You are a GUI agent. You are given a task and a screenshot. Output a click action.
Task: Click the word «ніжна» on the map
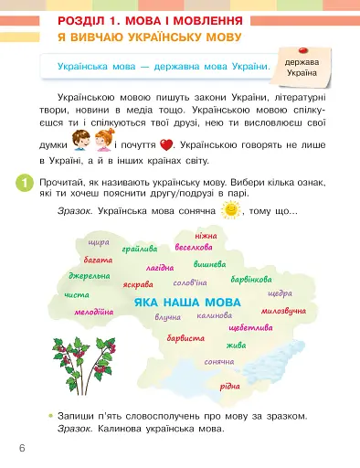[x=206, y=236]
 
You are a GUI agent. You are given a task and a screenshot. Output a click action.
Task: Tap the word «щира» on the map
[x=97, y=242]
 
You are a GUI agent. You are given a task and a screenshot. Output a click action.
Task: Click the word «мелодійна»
[x=94, y=312]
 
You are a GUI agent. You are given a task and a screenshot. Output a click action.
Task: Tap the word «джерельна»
[x=89, y=276]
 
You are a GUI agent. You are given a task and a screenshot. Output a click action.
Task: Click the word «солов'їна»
[x=190, y=282]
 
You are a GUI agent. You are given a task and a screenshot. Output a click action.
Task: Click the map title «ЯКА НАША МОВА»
[x=186, y=302]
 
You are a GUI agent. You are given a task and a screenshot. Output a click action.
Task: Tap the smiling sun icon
[x=231, y=211]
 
